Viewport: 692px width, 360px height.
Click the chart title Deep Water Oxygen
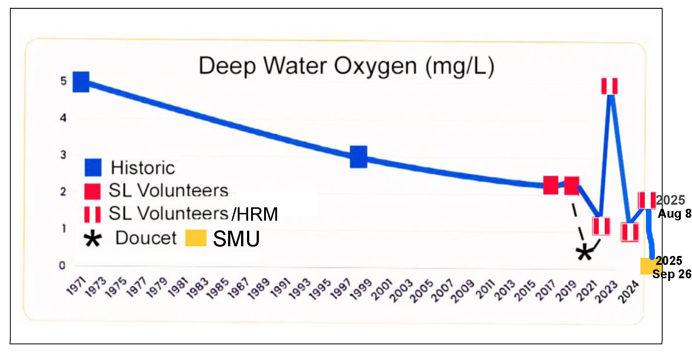click(x=346, y=66)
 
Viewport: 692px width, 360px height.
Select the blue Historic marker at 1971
click(x=81, y=82)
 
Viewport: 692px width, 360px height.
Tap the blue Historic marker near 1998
click(x=358, y=156)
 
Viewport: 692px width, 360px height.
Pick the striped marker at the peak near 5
click(x=609, y=86)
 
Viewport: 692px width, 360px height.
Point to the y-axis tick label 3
click(x=63, y=155)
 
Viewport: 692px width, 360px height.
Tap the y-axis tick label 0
click(x=62, y=265)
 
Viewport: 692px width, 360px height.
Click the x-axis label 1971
click(x=76, y=286)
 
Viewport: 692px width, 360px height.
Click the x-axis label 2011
click(x=485, y=289)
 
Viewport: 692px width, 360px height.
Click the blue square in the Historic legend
click(x=93, y=168)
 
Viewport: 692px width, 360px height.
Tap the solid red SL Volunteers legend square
click(x=92, y=191)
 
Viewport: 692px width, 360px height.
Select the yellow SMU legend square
click(x=196, y=238)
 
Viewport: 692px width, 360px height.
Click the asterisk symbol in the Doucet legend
click(x=92, y=239)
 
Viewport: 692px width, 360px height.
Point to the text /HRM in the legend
click(x=255, y=214)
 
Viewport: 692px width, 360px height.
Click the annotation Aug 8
click(x=675, y=214)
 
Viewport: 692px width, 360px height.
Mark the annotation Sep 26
click(x=672, y=274)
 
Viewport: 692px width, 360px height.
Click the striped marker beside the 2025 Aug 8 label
click(x=647, y=200)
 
